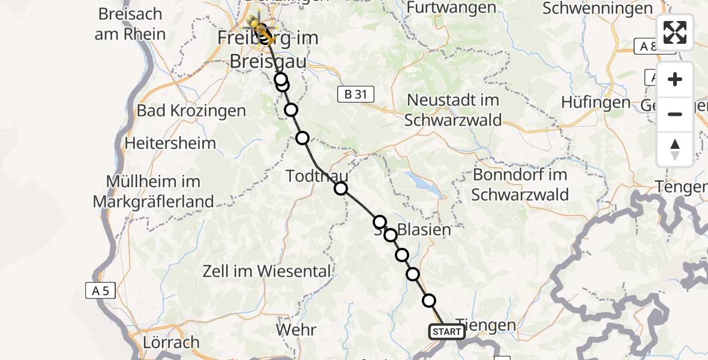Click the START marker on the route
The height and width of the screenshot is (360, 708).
[447, 332]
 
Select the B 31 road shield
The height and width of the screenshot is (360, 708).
[356, 94]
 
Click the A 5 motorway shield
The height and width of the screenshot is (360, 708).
[100, 292]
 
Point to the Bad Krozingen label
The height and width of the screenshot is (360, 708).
[191, 111]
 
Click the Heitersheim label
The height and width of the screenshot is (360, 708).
[170, 143]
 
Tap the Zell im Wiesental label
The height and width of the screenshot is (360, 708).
[267, 271]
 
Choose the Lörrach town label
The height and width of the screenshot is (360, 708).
[172, 343]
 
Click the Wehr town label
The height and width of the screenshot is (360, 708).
[296, 329]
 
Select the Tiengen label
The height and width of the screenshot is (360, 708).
[485, 325]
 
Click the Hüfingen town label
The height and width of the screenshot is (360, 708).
[596, 103]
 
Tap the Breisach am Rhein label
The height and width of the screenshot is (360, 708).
[130, 23]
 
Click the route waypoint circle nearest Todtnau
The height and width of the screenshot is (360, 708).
[341, 188]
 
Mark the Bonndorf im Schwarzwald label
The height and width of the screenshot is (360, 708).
[520, 184]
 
